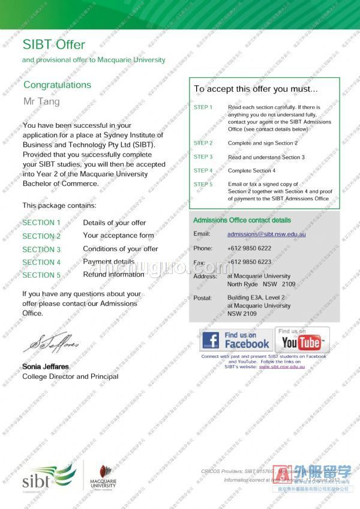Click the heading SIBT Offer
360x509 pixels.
click(x=54, y=44)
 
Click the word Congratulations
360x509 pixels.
click(x=57, y=85)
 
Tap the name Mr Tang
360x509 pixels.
click(x=41, y=101)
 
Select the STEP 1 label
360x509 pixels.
click(x=203, y=107)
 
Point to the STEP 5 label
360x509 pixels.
click(x=203, y=185)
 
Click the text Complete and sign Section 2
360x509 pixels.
click(x=262, y=143)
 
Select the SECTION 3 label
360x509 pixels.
click(x=41, y=249)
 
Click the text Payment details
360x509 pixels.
click(x=109, y=261)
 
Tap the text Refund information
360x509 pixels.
click(x=113, y=275)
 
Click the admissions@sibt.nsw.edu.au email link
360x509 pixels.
click(x=266, y=234)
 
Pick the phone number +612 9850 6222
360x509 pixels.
click(x=249, y=248)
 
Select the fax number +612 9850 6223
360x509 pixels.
click(x=249, y=262)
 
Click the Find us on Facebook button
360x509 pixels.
click(x=236, y=340)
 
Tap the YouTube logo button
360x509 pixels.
click(x=302, y=340)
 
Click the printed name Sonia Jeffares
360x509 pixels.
click(x=46, y=366)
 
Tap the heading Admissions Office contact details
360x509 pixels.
click(x=242, y=220)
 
